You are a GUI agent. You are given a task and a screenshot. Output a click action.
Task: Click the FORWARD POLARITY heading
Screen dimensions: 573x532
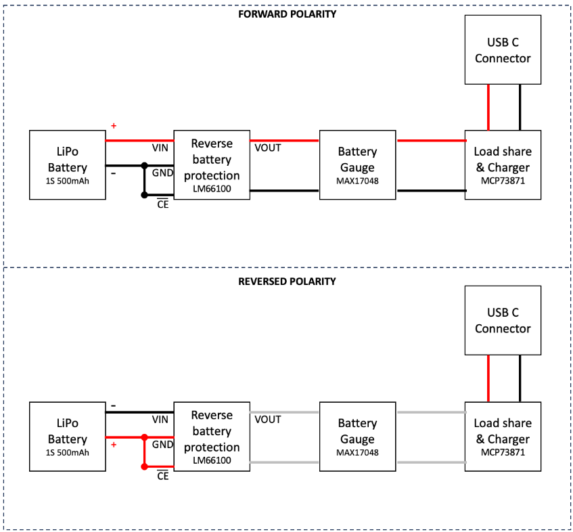pos(288,14)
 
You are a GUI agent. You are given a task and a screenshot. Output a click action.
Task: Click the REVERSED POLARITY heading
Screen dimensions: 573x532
pos(288,282)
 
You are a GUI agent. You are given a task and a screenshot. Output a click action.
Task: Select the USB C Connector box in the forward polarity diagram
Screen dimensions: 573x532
pos(503,49)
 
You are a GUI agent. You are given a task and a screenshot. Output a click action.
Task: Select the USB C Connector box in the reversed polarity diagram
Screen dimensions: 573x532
pos(503,320)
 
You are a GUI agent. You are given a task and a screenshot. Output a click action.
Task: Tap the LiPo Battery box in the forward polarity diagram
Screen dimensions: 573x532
pos(68,165)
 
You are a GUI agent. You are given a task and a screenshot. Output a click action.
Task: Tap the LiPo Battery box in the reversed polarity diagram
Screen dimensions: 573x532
pos(68,437)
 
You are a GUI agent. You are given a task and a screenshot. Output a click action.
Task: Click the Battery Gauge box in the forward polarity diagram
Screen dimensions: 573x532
pos(358,165)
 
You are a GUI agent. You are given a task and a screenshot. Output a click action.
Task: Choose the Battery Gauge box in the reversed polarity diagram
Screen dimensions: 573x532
pos(358,437)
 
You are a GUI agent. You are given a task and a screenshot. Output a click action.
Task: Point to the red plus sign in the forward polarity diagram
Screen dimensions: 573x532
pos(114,126)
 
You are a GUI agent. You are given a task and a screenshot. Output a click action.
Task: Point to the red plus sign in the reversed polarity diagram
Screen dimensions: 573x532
pos(114,445)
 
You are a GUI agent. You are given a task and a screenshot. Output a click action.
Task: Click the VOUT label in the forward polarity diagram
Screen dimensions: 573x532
pos(268,148)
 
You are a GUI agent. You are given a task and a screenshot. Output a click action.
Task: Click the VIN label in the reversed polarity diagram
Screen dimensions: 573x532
pos(160,420)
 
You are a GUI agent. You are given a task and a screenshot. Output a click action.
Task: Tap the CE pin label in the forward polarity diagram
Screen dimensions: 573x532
pos(162,204)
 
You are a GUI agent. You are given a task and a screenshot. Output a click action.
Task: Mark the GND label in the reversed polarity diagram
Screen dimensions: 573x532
pos(162,445)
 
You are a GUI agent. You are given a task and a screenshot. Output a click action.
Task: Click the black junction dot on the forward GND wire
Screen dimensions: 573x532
pos(144,166)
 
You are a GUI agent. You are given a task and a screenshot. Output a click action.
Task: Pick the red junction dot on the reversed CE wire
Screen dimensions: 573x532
pos(144,466)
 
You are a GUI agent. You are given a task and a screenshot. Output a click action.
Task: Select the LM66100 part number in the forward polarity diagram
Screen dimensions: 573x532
pos(212,189)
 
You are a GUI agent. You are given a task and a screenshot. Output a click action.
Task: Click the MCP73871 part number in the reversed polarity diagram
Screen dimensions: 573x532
pos(503,453)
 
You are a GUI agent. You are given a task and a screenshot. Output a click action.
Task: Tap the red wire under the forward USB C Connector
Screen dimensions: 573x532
pos(488,108)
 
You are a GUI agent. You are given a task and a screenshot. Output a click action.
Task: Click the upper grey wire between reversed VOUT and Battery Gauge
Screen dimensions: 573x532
pos(284,412)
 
